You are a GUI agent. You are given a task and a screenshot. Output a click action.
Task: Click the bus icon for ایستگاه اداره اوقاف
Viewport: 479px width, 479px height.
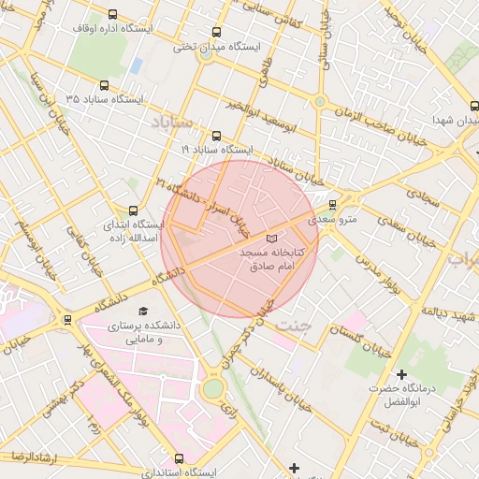point(113,15)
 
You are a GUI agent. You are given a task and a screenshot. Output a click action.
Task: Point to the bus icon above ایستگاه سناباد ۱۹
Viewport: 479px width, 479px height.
point(217,136)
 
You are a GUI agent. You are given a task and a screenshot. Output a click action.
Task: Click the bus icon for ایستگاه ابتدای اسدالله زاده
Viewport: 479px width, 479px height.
point(132,210)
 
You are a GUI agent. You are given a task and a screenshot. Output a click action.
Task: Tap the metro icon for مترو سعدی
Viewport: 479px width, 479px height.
point(332,205)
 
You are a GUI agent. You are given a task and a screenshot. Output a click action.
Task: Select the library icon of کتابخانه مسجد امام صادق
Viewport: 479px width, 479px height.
point(271,239)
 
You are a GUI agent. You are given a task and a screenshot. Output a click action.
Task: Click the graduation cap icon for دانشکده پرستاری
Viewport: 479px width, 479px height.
point(142,312)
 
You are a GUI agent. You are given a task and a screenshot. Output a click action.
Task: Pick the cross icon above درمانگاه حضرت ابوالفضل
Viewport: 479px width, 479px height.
point(401,374)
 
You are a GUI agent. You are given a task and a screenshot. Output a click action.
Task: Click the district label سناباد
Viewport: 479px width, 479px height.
point(169,122)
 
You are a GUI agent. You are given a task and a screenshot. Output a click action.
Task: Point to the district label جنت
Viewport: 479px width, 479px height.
point(298,325)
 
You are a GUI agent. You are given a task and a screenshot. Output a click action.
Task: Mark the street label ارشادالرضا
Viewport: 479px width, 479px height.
point(31,456)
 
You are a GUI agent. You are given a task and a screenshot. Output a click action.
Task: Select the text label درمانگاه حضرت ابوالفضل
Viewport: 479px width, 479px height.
point(402,395)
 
